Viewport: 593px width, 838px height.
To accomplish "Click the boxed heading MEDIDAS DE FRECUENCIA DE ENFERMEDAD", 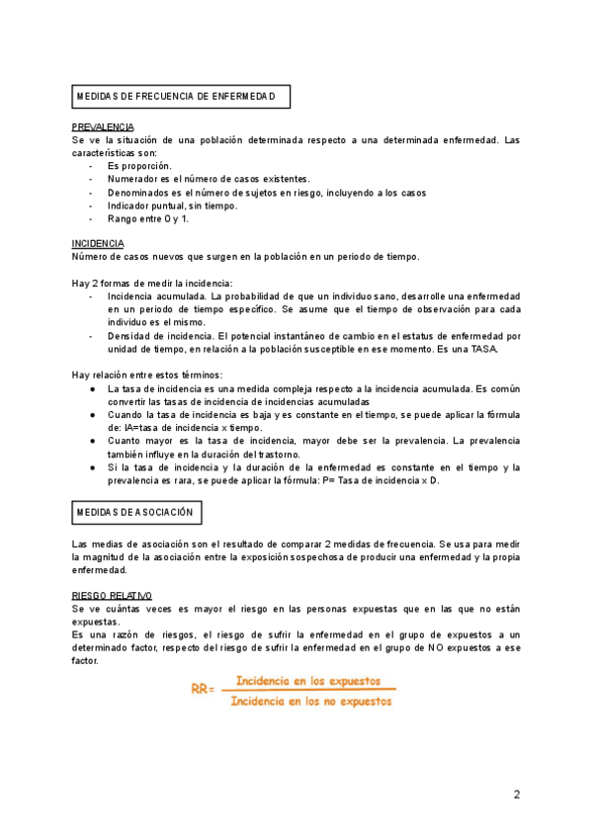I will [183, 96].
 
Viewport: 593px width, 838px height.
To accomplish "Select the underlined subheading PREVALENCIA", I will [103, 127].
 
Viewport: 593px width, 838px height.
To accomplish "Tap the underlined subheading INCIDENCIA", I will [98, 243].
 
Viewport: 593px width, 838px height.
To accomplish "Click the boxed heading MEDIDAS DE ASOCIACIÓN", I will [138, 512].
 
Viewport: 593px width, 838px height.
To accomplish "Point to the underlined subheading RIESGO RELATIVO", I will [112, 596].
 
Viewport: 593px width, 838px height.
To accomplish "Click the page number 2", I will [516, 794].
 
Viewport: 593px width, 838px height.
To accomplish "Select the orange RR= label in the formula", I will [204, 690].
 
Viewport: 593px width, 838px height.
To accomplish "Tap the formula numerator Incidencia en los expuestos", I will [308, 682].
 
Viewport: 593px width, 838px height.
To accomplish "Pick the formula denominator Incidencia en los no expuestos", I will [308, 701].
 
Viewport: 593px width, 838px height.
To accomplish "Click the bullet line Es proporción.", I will [139, 166].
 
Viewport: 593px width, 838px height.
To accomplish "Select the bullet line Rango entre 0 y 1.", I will [148, 217].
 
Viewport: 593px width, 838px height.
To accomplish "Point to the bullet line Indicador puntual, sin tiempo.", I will [172, 205].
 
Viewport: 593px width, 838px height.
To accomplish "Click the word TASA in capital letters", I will [482, 349].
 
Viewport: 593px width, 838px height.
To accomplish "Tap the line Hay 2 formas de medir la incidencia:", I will [151, 283].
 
